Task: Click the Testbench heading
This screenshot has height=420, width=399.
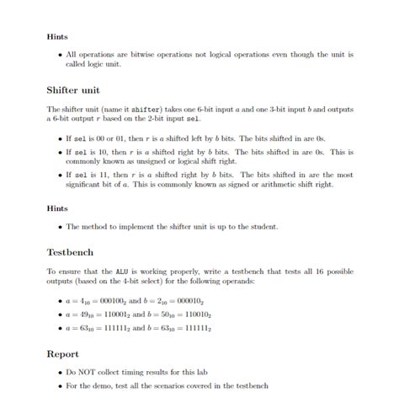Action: (x=70, y=251)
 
